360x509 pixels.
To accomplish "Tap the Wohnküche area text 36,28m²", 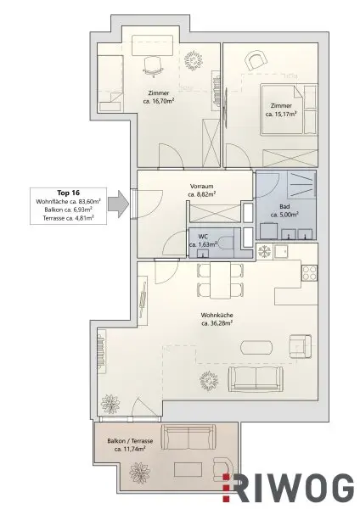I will (x=218, y=323).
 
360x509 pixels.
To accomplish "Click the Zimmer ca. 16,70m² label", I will (x=158, y=95).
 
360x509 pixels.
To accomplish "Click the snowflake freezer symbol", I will (x=264, y=252).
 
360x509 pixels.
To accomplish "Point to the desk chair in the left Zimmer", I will (x=154, y=63).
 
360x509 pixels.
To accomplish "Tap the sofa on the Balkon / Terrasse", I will (x=184, y=437).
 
